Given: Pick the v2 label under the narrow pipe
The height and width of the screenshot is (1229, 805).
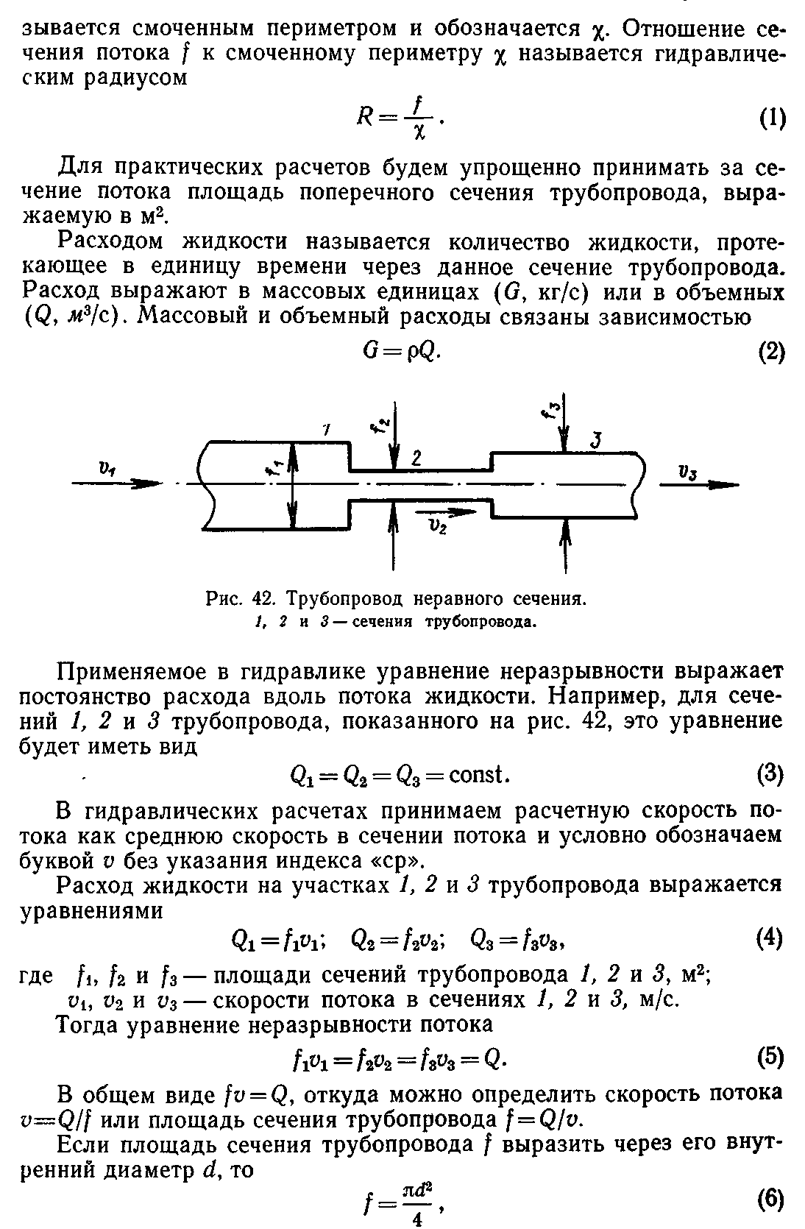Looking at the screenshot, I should point(439,525).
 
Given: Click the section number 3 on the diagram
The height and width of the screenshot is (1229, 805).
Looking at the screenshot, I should point(597,441).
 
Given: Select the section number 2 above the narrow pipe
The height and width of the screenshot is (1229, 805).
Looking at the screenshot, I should point(416,458).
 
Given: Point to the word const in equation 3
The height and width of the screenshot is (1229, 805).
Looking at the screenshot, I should point(478,775).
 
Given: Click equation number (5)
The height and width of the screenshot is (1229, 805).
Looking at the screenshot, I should point(770,1059).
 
